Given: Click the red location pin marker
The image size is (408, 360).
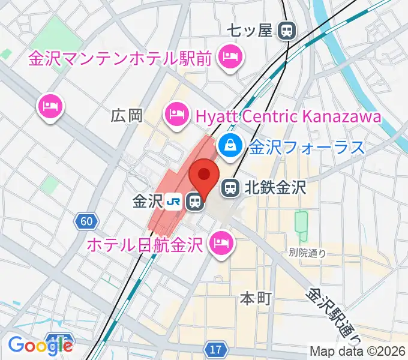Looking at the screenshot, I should click(203, 176).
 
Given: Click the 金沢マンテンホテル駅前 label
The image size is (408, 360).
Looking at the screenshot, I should click(120, 59).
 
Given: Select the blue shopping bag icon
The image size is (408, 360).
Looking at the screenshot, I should click(229, 145).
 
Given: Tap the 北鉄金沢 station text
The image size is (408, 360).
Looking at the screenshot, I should click(274, 188).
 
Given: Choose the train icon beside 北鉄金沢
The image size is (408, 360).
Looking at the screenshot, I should click(230, 188).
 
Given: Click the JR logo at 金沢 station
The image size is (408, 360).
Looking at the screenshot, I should click(174, 202).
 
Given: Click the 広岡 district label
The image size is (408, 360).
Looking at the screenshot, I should click(127, 116).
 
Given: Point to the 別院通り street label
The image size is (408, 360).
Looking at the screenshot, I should click(307, 253).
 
